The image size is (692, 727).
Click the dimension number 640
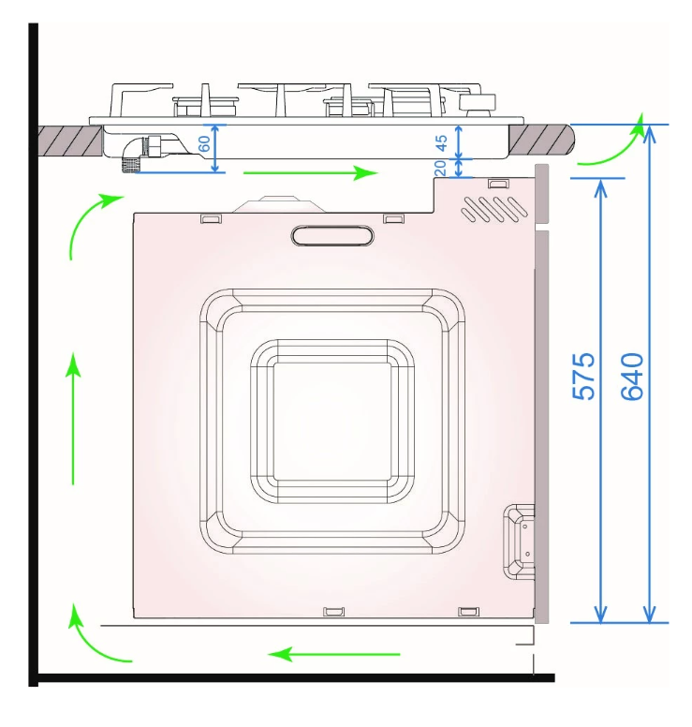point(632,376)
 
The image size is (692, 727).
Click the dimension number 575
point(584,376)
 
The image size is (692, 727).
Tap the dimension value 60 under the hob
point(204,143)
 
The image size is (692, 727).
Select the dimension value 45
point(442,142)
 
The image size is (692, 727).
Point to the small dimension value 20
point(441,168)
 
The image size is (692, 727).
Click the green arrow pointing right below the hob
point(311,173)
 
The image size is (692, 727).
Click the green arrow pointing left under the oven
point(333,654)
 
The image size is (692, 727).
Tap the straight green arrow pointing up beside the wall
point(73,419)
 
